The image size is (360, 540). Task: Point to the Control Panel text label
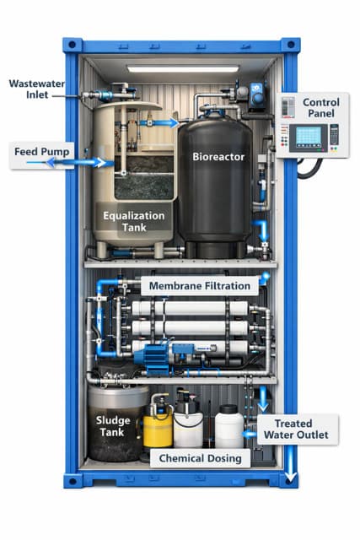tap(320, 108)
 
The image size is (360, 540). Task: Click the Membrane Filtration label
tap(199, 286)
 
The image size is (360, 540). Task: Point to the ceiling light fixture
tap(180, 68)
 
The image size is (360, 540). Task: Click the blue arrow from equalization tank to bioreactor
tap(167, 122)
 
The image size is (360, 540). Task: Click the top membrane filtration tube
tap(190, 309)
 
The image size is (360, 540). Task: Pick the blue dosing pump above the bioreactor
tap(257, 94)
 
